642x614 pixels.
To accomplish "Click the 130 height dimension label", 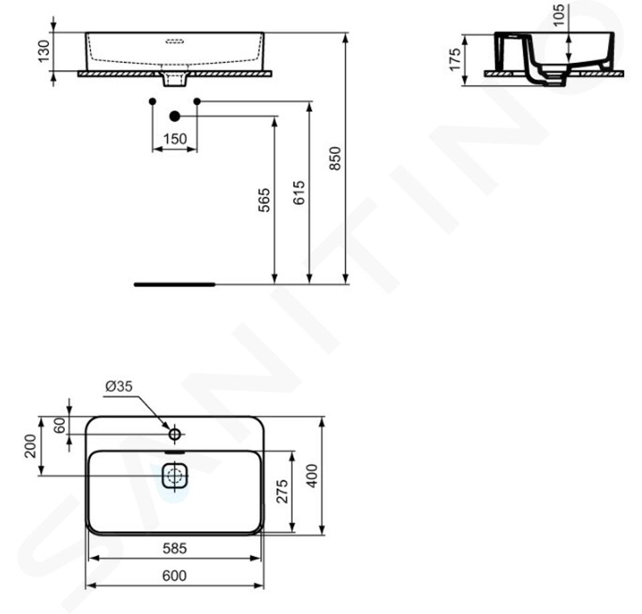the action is (44, 52).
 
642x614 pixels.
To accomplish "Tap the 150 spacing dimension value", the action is (175, 139).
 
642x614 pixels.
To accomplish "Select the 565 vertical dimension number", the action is (265, 200).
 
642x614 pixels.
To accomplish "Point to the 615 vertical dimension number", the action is (300, 193).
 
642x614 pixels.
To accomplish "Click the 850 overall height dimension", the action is (335, 159).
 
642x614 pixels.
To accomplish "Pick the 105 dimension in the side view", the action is (558, 15).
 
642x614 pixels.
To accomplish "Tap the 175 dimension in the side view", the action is (455, 60).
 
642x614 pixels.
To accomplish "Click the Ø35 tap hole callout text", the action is (119, 387).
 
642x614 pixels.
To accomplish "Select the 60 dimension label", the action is (60, 425).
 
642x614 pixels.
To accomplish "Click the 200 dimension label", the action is (31, 446).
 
